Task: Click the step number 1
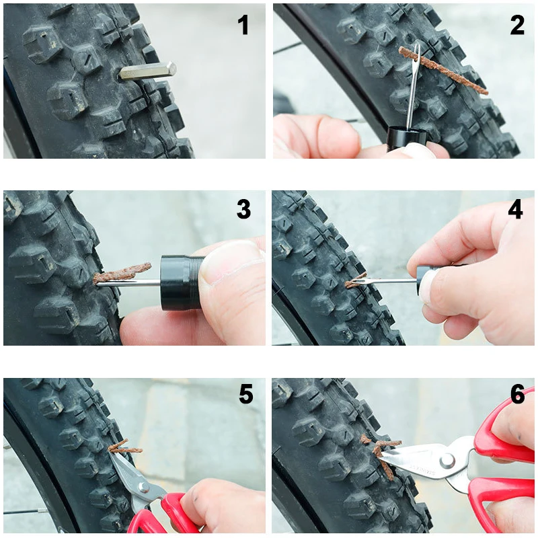(243, 25)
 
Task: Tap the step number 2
(517, 25)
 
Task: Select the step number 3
(243, 209)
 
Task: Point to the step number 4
(515, 209)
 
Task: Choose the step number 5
(246, 394)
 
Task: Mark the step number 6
(517, 394)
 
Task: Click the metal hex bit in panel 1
(147, 71)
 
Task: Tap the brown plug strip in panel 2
(443, 71)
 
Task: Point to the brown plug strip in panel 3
(122, 273)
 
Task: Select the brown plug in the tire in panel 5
(125, 447)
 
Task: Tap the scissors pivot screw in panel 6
(447, 461)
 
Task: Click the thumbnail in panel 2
(419, 149)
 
